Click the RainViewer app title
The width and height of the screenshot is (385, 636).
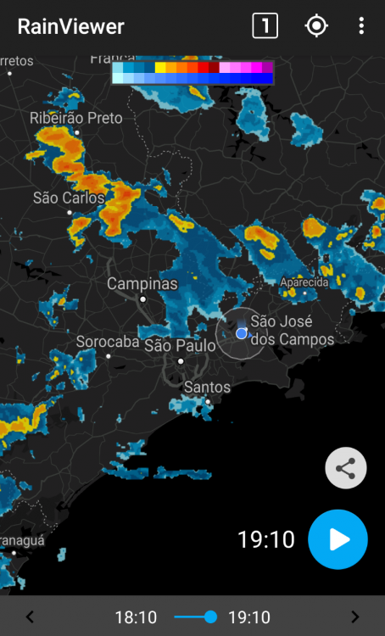70,26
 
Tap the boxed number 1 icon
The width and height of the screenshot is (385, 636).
265,25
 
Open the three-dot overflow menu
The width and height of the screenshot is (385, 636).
361,25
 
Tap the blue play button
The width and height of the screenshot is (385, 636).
338,538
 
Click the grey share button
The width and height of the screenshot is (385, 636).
346,468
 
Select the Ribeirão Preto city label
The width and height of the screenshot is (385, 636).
76,119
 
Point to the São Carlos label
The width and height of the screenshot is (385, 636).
69,198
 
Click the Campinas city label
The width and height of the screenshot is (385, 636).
142,284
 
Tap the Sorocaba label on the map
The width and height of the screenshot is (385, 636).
108,343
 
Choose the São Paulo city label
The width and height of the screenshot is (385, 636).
180,345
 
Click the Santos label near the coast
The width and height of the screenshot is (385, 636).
207,388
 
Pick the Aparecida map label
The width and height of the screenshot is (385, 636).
304,282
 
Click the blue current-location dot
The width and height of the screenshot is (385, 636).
242,333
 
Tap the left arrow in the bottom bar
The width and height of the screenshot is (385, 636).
30,617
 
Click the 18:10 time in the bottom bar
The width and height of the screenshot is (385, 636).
136,617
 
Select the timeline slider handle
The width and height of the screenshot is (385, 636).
210,616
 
